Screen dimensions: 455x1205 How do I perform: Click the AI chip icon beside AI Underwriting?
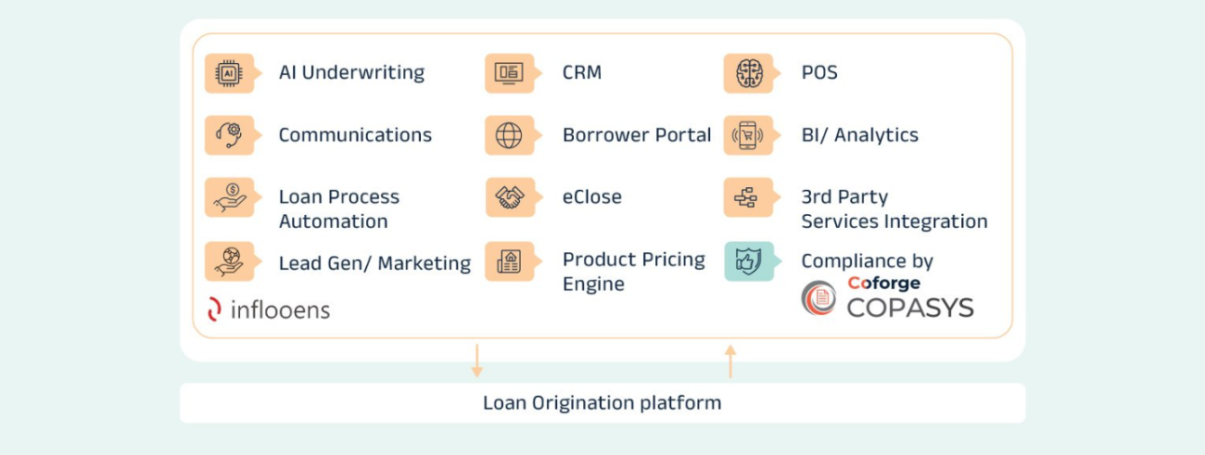229,73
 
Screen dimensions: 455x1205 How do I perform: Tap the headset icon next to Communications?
229,135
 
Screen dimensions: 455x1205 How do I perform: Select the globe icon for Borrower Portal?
509,135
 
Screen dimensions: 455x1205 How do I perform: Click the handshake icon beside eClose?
509,197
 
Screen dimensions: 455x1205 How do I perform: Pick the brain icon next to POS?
748,73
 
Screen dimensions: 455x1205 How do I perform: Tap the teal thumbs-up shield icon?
748,260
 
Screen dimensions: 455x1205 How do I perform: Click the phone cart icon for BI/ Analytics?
748,135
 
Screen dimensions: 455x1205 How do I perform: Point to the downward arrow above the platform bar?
476,360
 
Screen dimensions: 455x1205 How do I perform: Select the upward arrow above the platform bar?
730,360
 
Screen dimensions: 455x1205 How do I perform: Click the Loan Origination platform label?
602,403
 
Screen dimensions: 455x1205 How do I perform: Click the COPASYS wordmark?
909,307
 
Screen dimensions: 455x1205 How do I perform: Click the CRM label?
582,72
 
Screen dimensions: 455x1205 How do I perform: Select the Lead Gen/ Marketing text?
374,263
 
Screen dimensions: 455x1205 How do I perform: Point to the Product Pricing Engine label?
634,272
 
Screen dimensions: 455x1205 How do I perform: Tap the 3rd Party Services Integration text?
894,209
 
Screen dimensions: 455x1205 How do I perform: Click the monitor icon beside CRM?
509,73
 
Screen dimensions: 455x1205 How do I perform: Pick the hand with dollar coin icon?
229,197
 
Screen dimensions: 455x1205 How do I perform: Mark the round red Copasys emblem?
818,298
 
